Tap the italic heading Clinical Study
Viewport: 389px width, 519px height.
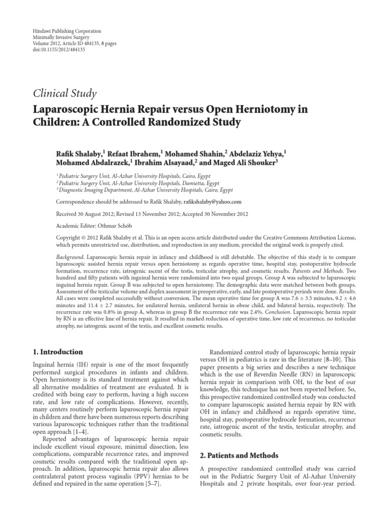pyautogui.click(x=64, y=93)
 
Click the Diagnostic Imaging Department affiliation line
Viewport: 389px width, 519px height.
pyautogui.click(x=144, y=190)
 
